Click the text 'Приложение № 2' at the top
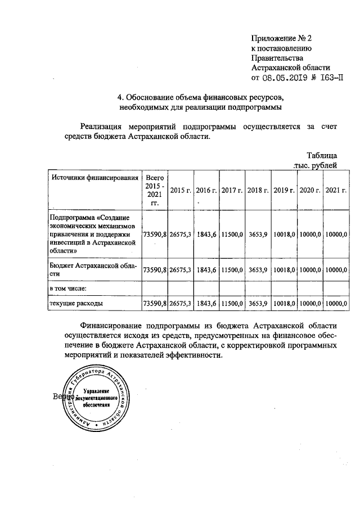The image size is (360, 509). click(x=281, y=38)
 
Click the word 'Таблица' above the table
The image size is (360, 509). click(x=322, y=155)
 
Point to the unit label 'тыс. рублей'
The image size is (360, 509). click(x=316, y=165)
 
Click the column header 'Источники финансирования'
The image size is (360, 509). click(x=94, y=178)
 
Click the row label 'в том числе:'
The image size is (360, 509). click(x=67, y=288)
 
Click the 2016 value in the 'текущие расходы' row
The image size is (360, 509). click(x=207, y=304)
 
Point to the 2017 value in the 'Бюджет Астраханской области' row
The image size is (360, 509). click(x=232, y=270)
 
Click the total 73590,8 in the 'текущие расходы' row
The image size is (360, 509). click(x=154, y=304)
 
